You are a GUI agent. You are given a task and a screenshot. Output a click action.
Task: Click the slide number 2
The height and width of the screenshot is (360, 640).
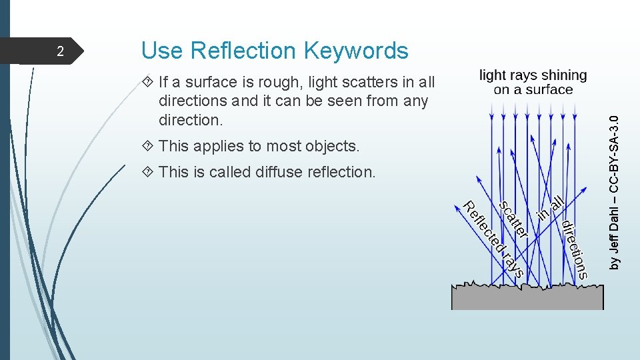coord(59,51)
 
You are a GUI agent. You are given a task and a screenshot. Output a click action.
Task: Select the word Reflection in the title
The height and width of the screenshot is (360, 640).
coord(245,50)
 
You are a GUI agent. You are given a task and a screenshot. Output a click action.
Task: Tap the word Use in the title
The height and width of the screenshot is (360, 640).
coord(163,50)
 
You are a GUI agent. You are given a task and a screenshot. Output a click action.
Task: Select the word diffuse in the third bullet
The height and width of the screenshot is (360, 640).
coord(280,172)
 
